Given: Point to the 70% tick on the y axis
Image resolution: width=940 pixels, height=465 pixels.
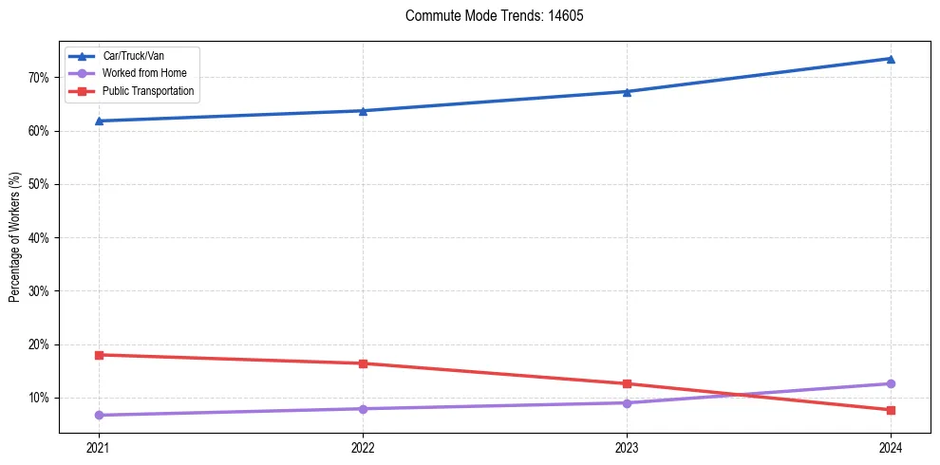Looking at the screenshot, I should tap(41, 77).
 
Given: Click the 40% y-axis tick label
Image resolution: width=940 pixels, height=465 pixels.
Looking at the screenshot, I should tap(41, 237).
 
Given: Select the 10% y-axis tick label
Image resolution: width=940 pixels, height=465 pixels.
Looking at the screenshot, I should tap(41, 398).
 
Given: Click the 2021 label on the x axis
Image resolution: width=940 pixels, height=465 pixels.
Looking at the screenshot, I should tap(99, 447).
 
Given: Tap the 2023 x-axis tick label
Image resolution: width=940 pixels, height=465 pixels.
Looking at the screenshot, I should tap(627, 447).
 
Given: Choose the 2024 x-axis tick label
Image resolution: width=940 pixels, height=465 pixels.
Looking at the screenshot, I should tap(891, 447).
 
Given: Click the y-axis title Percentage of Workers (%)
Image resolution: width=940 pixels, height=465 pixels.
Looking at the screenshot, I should tap(15, 237).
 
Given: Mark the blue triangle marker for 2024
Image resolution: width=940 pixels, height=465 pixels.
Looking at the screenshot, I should tap(891, 58).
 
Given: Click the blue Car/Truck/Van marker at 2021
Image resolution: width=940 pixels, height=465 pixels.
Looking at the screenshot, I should tap(99, 121).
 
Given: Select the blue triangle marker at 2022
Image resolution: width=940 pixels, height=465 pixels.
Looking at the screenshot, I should tap(363, 110).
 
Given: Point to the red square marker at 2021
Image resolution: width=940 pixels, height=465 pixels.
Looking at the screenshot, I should tap(99, 355).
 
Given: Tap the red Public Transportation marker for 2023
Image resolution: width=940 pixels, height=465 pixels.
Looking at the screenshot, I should tap(627, 383).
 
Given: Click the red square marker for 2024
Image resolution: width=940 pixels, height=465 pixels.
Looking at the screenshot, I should tap(891, 410).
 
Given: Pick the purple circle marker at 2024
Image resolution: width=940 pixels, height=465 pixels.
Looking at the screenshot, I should tap(891, 383).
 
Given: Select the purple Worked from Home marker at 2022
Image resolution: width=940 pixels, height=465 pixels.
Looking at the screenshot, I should tap(363, 409).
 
